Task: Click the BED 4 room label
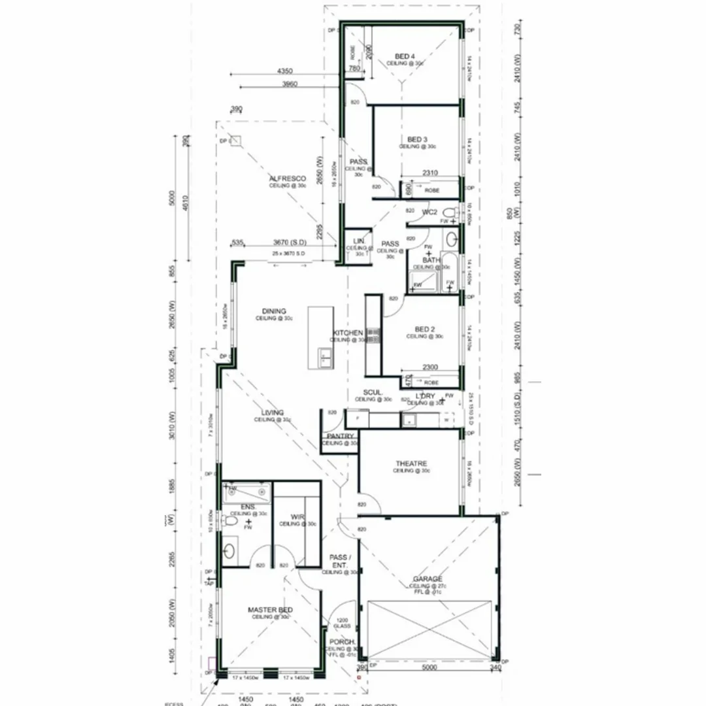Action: tap(405, 56)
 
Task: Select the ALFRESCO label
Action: tap(288, 178)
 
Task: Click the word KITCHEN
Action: tap(347, 333)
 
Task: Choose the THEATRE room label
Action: tap(411, 463)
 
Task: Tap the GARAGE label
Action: tap(428, 579)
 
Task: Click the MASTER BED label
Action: tap(270, 610)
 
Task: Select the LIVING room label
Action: tap(272, 413)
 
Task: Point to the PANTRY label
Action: tap(341, 436)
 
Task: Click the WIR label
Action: tap(298, 517)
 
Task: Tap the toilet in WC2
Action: tap(450, 212)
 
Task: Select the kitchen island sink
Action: tap(325, 356)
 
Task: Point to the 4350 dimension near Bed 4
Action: tap(284, 70)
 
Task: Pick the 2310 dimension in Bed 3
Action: tap(430, 173)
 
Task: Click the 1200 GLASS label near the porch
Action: tap(342, 624)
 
